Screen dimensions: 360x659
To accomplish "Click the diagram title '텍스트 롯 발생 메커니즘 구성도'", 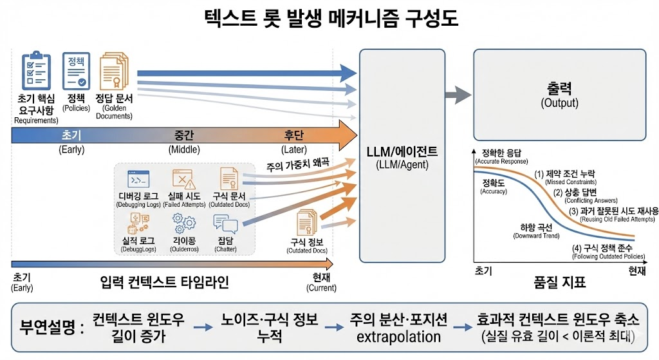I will [x=329, y=17].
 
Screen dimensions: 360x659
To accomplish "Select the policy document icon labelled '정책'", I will [x=76, y=70].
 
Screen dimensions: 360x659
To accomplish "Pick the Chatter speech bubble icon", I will [x=225, y=223].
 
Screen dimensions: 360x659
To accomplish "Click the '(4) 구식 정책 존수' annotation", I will [x=606, y=249].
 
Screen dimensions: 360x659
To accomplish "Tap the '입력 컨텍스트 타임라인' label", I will [x=165, y=282].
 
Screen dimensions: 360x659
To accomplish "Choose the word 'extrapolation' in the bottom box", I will [x=394, y=337].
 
